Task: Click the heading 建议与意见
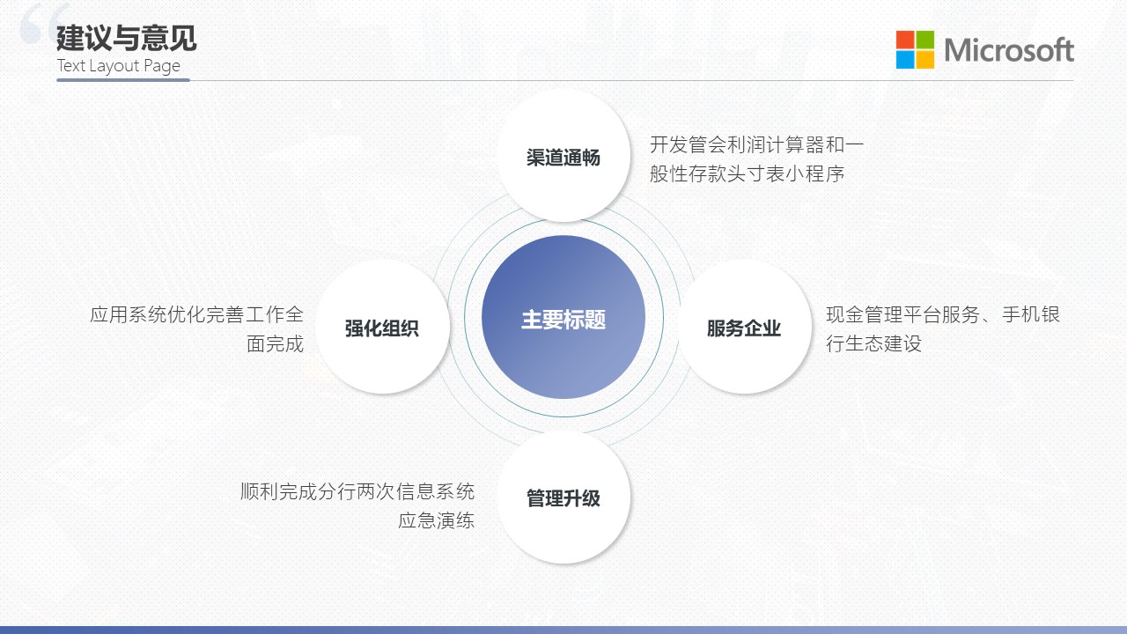[x=126, y=38]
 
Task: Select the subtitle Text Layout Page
[x=118, y=66]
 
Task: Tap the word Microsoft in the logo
[x=1009, y=50]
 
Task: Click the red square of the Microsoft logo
[x=904, y=40]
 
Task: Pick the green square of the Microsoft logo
[x=924, y=40]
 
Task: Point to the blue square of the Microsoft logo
[x=904, y=59]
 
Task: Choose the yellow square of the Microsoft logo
[x=924, y=59]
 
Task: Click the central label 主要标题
[x=563, y=320]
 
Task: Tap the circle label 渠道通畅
[x=563, y=158]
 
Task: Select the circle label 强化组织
[x=382, y=328]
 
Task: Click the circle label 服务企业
[x=744, y=328]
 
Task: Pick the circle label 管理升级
[x=563, y=498]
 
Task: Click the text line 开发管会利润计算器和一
[x=756, y=144]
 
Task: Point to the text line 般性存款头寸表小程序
[x=748, y=173]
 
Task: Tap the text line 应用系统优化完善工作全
[x=196, y=314]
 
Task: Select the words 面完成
[x=276, y=343]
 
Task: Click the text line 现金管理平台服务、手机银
[x=943, y=314]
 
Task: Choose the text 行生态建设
[x=874, y=343]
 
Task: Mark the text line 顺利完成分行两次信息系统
[x=357, y=491]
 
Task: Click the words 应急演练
[x=436, y=520]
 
